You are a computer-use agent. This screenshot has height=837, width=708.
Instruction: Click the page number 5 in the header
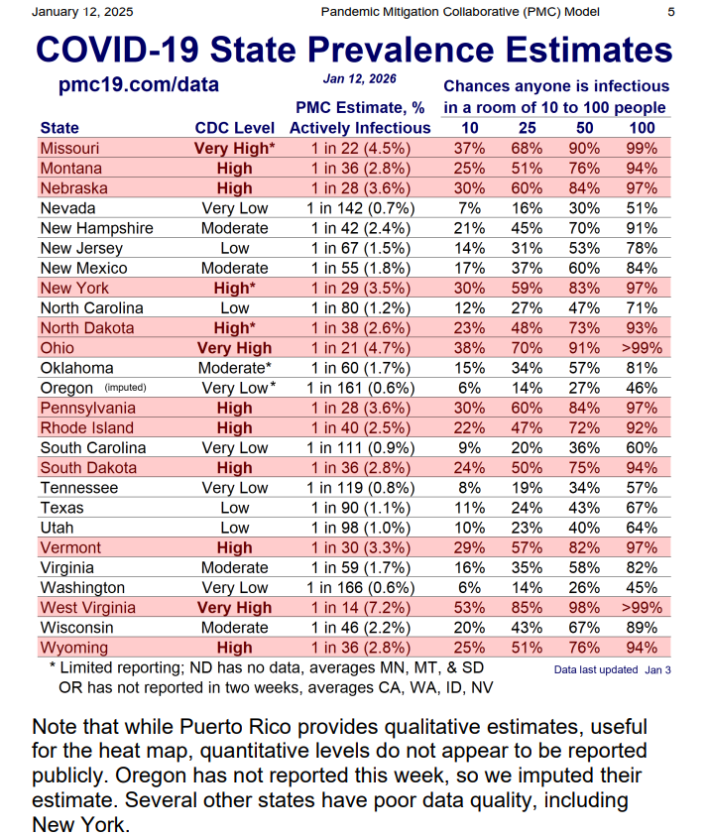(x=671, y=12)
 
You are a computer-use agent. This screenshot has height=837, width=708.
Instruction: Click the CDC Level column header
(x=234, y=128)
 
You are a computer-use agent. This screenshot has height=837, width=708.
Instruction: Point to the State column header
(x=59, y=128)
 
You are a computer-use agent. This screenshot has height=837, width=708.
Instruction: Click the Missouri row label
(x=69, y=148)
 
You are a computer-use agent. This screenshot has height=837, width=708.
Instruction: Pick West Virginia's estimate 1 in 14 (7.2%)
(x=360, y=607)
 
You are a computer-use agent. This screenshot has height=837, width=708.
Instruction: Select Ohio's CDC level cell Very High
(x=234, y=348)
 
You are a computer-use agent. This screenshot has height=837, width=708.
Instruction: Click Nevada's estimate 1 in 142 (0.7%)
(x=360, y=208)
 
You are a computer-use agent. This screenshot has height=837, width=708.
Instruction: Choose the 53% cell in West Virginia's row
(x=470, y=607)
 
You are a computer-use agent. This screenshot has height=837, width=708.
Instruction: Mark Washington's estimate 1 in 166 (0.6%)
(x=360, y=587)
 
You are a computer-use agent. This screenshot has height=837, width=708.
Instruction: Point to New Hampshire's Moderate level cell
(x=234, y=228)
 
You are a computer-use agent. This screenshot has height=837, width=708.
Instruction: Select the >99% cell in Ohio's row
(x=642, y=348)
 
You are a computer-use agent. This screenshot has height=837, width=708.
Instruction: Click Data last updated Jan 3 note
(x=612, y=669)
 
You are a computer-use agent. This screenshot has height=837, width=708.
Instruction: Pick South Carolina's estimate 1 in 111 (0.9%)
(x=360, y=447)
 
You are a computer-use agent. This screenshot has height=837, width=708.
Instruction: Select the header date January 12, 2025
(x=83, y=12)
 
